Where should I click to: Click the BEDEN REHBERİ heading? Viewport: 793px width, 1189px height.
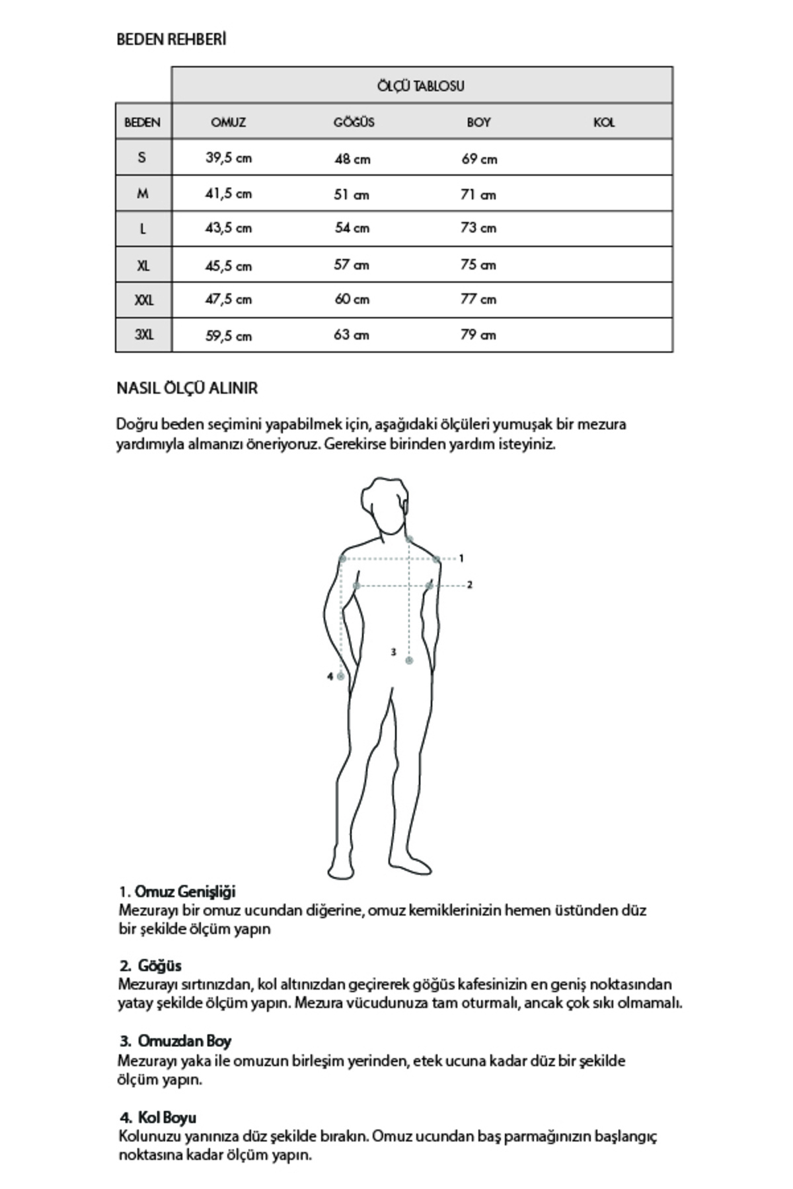pos(171,40)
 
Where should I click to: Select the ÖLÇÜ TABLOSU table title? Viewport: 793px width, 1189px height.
pos(421,86)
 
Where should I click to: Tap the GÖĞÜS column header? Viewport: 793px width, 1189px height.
pos(354,122)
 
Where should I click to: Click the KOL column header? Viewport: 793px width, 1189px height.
pos(604,122)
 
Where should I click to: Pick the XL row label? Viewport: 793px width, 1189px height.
pos(143,266)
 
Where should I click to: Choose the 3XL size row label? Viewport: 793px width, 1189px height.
pos(143,334)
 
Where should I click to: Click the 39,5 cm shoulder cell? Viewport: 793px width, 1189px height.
pos(228,158)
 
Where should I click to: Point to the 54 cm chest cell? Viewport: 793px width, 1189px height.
pos(352,228)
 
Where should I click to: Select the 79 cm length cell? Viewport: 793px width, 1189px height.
pos(478,335)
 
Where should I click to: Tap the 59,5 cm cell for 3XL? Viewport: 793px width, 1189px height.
pos(228,336)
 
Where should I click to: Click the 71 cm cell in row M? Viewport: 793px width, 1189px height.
pos(478,194)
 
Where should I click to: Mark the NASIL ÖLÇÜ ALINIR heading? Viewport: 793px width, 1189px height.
pos(187,388)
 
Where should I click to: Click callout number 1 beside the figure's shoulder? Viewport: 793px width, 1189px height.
pos(461,558)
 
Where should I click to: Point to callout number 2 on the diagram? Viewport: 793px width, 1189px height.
pos(470,585)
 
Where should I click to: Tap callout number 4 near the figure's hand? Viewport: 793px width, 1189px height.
pos(330,676)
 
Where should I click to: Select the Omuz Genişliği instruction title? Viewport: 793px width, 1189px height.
pos(185,892)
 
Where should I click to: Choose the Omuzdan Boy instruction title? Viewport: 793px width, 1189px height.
pos(184,1041)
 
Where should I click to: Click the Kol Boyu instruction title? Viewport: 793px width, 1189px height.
pos(167,1118)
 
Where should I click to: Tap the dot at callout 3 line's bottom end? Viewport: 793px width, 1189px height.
pos(409,661)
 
